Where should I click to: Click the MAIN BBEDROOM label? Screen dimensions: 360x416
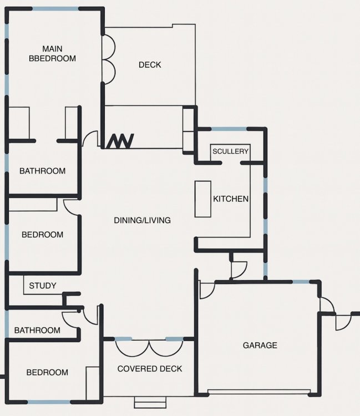click(x=52, y=54)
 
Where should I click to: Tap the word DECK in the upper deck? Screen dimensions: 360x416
click(x=150, y=65)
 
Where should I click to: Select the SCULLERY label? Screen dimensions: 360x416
click(x=231, y=151)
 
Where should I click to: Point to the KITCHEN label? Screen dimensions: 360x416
click(x=231, y=199)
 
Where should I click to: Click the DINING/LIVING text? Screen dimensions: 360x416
click(x=142, y=220)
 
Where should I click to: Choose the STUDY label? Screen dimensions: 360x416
click(x=43, y=286)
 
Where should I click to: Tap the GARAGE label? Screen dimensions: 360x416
click(x=260, y=345)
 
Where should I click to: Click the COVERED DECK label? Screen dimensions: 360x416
click(x=150, y=369)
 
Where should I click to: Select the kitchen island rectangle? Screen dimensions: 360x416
click(x=203, y=199)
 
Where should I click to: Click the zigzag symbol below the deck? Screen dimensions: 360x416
click(x=120, y=141)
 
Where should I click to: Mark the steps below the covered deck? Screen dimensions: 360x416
click(x=150, y=403)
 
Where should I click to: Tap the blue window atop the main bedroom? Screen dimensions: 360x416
click(x=55, y=9)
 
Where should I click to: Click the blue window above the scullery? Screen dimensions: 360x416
click(x=229, y=129)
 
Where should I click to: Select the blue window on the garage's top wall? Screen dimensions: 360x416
click(x=301, y=282)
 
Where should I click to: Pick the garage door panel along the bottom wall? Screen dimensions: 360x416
click(x=259, y=392)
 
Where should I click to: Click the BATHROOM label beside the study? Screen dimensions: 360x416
click(x=37, y=331)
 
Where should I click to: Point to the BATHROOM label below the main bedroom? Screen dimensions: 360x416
click(x=43, y=171)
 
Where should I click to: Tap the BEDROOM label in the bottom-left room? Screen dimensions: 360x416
click(x=47, y=373)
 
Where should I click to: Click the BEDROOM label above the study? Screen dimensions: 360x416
click(x=43, y=235)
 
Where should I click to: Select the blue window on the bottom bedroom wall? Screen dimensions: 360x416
click(x=49, y=402)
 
